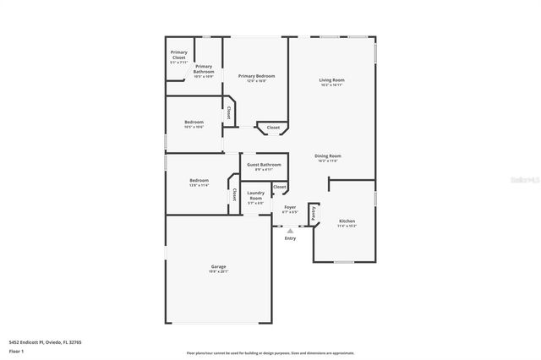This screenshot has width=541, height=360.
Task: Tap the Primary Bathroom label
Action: point(204,70)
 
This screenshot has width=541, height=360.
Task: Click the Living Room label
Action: point(331,82)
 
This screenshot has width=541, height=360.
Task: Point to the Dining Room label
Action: point(327,157)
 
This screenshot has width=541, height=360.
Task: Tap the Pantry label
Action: point(313,214)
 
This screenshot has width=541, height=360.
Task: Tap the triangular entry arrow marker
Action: point(290,230)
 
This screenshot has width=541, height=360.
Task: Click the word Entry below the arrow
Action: point(290,239)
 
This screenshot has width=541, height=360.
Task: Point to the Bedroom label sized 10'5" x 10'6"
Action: point(194,124)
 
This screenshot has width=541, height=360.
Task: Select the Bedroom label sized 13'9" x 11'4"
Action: point(199,182)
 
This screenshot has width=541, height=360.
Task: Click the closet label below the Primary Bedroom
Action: point(273,128)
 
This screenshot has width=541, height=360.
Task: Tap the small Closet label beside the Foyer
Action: point(280,187)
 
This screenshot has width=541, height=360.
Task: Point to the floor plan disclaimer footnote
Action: point(270,353)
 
